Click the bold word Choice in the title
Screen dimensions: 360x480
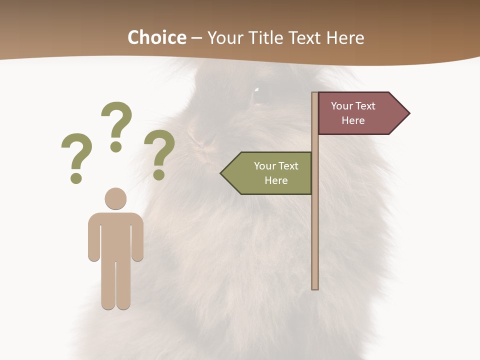[156, 37]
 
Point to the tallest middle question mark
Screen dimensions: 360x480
[117, 120]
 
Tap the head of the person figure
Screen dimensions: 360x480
[115, 198]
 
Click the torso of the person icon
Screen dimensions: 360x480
[115, 235]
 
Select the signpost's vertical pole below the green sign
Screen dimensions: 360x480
[315, 240]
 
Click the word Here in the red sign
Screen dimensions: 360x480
[353, 120]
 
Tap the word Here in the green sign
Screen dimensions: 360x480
[276, 180]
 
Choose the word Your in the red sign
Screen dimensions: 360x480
[342, 106]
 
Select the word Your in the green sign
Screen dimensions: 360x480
[265, 166]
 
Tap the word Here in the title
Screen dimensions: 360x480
[344, 38]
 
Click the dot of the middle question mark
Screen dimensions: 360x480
[116, 146]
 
